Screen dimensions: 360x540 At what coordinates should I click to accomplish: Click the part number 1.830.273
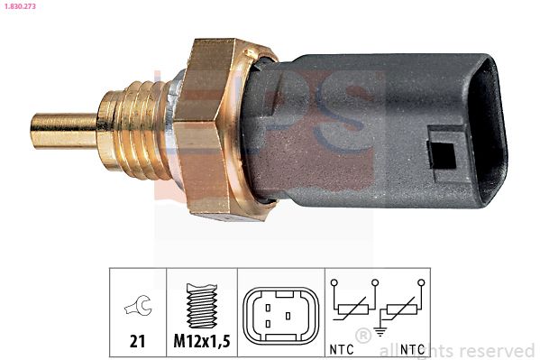pos(20,6)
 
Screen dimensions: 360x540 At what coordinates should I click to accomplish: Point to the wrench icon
pos(138,309)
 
